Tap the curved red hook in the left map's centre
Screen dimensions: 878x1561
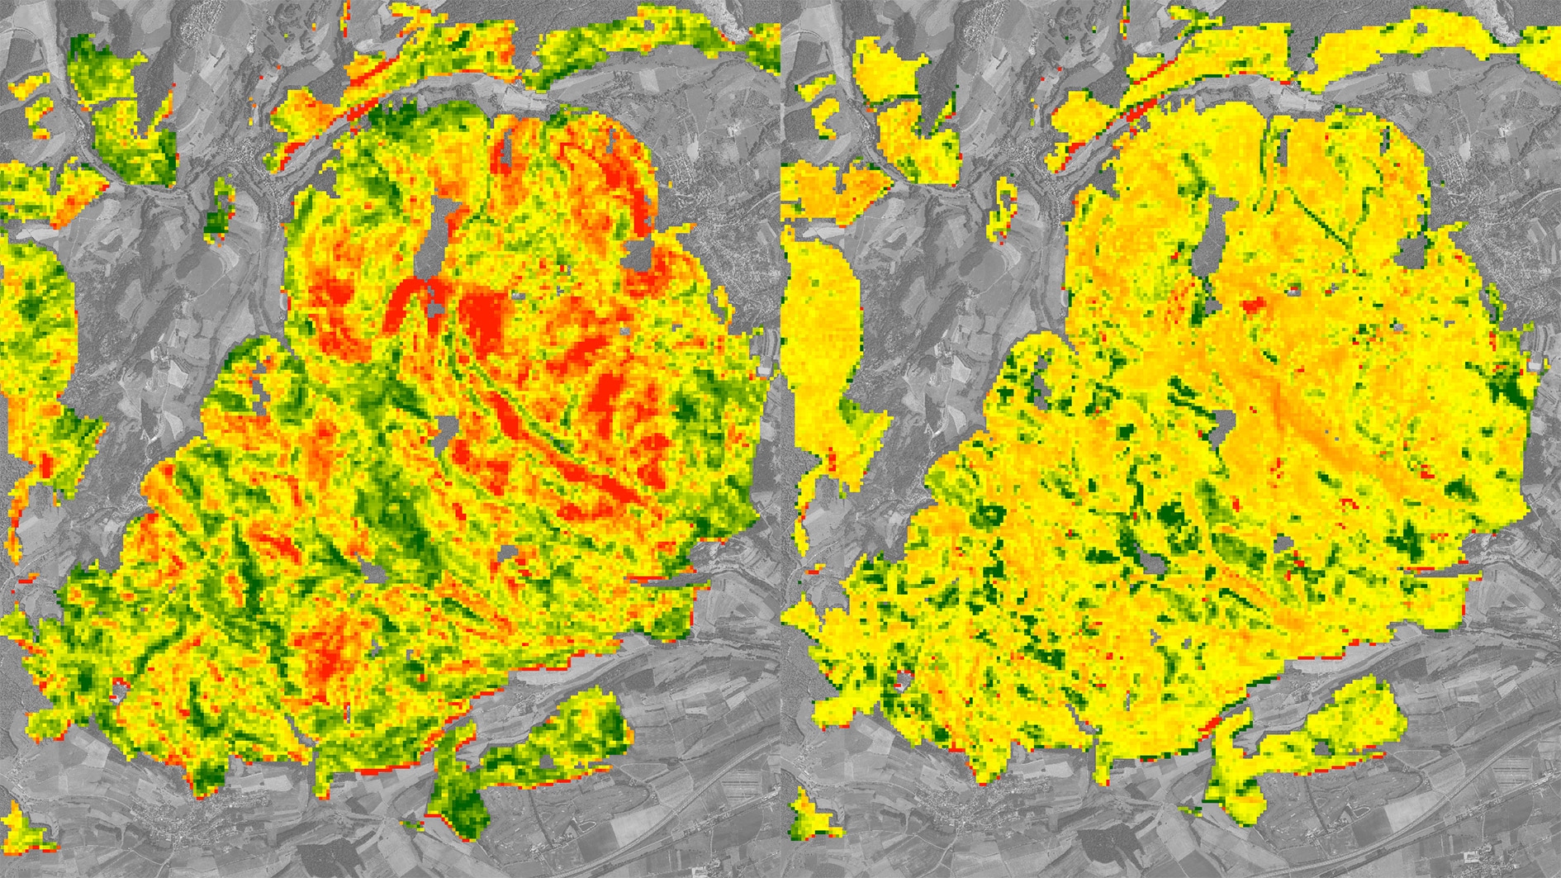405,301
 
